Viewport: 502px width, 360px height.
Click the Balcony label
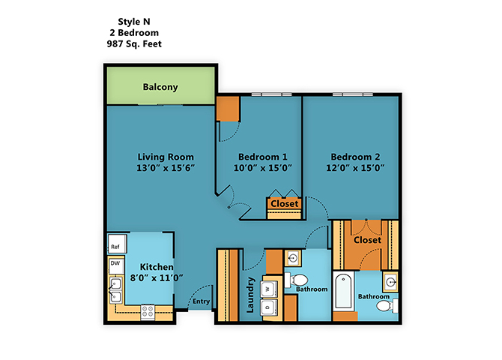point(160,87)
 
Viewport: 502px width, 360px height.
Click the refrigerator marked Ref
point(115,246)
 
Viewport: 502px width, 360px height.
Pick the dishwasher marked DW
point(115,263)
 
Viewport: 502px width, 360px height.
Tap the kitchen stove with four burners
point(148,310)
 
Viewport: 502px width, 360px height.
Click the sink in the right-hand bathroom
point(390,283)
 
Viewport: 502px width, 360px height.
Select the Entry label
point(201,302)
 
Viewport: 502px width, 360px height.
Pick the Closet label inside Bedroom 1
point(284,203)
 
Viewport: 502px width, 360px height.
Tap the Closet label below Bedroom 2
point(367,240)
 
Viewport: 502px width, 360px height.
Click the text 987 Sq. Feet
point(134,44)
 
